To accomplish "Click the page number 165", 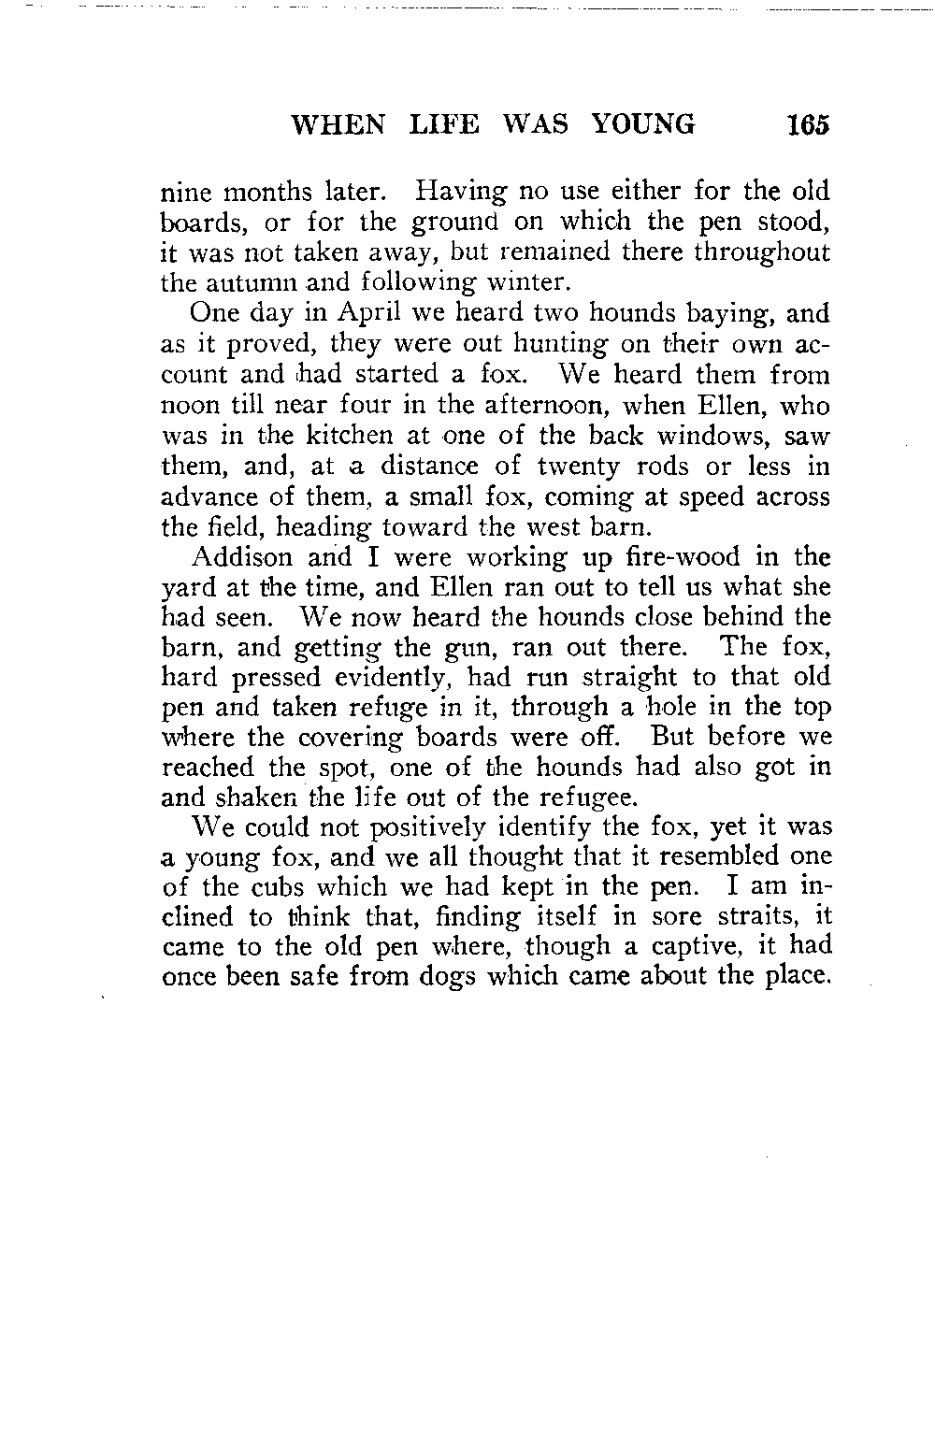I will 808,125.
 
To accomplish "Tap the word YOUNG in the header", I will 645,125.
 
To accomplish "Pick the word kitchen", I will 335,438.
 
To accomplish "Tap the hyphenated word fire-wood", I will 692,557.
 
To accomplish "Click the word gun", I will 480,647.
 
